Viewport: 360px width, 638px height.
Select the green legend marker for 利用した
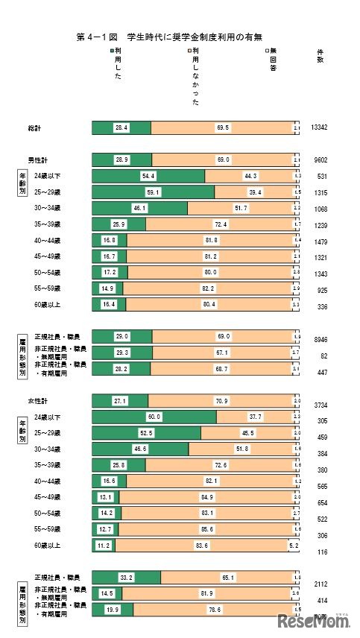pos(112,50)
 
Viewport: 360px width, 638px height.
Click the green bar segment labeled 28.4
pos(121,128)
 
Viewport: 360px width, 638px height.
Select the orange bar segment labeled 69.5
pos(222,128)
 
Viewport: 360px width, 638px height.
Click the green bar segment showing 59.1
pos(153,192)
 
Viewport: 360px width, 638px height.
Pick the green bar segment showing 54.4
pos(148,176)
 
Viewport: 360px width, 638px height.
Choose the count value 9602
pos(320,159)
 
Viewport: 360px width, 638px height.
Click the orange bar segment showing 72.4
pos(219,224)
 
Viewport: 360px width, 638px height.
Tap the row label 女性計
pos(39,400)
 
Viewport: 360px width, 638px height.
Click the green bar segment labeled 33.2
pos(126,577)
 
